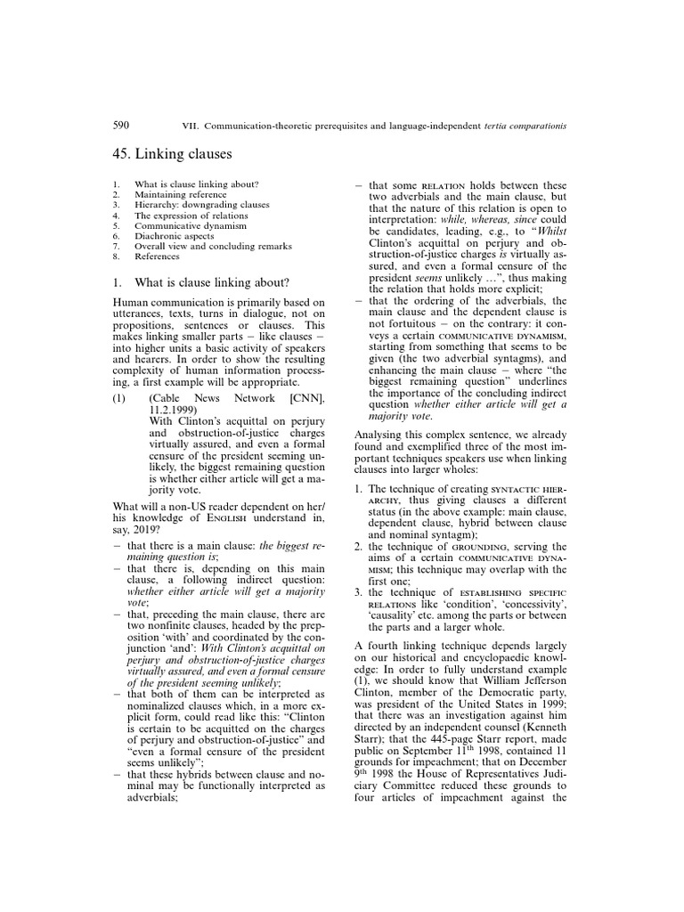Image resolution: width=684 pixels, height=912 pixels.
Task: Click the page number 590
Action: [x=121, y=126]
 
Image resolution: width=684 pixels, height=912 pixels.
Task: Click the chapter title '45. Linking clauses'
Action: [x=172, y=154]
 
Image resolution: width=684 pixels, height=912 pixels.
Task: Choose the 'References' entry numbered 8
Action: [x=157, y=256]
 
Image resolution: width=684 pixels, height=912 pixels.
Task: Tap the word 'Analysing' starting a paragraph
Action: [x=383, y=436]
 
